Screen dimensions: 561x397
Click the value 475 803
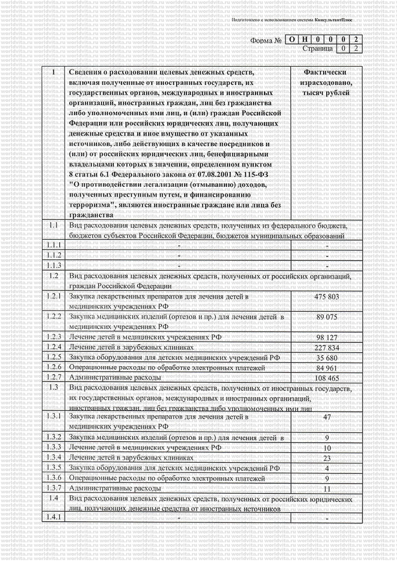tap(327, 297)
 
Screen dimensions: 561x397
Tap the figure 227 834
tap(327, 347)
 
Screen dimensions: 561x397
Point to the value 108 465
tap(327, 378)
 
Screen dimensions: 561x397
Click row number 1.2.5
tap(54, 357)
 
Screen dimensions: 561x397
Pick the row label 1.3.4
tap(54, 458)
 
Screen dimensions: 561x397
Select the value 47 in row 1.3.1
tap(327, 417)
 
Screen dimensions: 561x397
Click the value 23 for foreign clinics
tap(327, 458)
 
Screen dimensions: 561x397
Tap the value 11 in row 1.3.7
tap(327, 489)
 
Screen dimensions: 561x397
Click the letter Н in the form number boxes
tap(304, 39)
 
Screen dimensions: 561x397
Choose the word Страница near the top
tap(317, 48)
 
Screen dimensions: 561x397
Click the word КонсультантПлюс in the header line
tap(333, 20)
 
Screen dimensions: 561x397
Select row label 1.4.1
tap(54, 517)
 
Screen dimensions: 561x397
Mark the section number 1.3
tap(54, 387)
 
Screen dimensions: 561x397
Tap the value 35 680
tap(327, 358)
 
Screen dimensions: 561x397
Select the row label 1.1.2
tap(54, 255)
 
